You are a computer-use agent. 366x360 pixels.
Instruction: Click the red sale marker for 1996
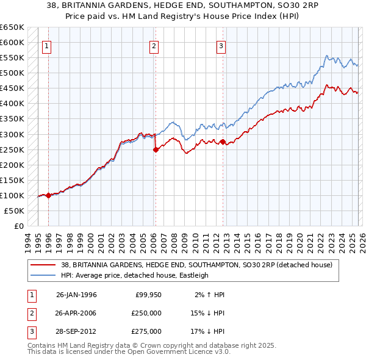click(48, 195)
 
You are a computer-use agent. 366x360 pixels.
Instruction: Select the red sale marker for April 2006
click(156, 149)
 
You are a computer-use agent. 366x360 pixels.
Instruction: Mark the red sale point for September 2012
click(223, 142)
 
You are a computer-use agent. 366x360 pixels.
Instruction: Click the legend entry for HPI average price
click(135, 275)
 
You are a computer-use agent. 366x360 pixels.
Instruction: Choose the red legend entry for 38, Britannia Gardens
click(196, 265)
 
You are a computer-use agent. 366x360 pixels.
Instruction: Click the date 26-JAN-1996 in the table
click(76, 295)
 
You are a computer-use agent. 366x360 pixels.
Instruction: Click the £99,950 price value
click(148, 295)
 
